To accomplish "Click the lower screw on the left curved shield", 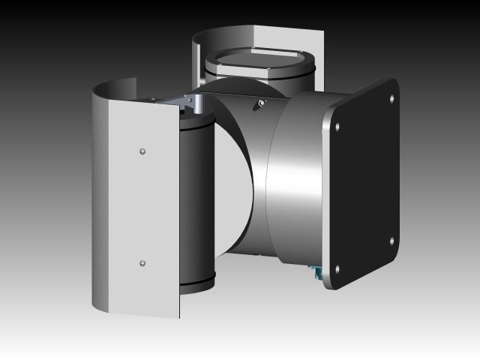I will click(x=142, y=263).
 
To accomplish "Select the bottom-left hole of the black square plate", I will click(x=337, y=268).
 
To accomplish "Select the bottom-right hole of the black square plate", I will click(x=392, y=241).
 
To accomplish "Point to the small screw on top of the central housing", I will click(x=259, y=103).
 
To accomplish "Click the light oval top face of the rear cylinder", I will click(x=254, y=59).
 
